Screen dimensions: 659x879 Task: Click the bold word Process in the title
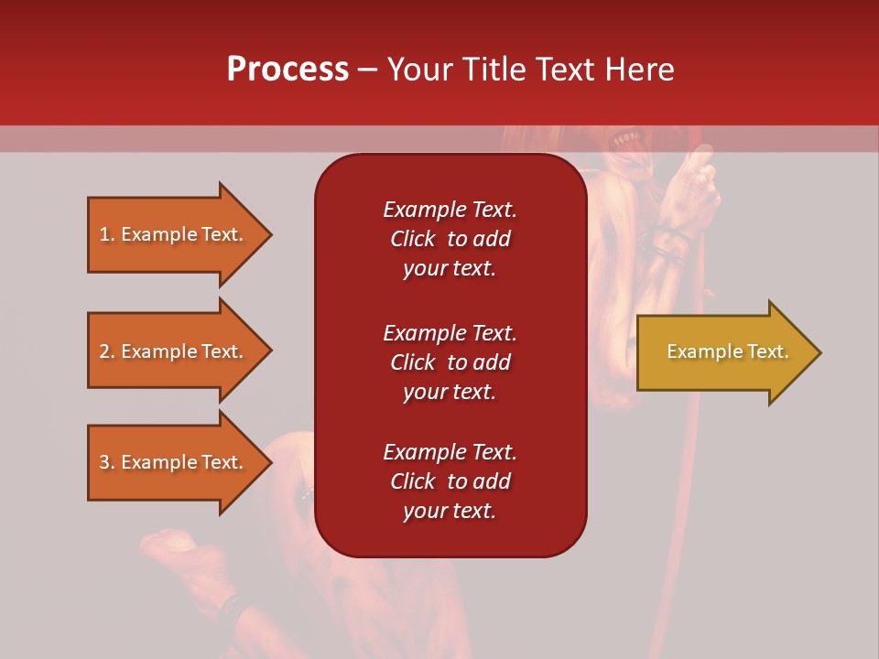click(288, 69)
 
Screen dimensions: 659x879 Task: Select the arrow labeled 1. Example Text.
click(174, 234)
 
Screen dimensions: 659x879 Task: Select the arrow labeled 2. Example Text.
click(174, 351)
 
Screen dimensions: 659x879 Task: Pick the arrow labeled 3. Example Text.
click(174, 462)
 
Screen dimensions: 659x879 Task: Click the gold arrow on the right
click(723, 352)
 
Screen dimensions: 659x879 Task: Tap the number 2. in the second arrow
click(107, 351)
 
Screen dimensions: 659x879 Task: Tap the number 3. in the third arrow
click(107, 462)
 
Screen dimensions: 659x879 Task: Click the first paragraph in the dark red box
click(450, 239)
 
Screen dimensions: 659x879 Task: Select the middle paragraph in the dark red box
click(450, 362)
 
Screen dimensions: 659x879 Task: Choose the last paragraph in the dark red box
click(450, 481)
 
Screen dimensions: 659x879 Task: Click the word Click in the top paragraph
click(413, 239)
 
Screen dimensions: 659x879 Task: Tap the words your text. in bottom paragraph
click(450, 511)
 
